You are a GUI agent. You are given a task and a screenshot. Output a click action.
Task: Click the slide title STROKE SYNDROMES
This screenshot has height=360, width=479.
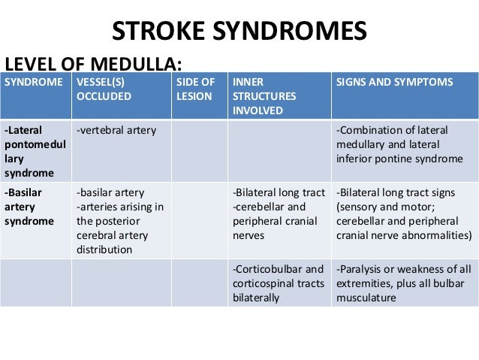click(x=239, y=32)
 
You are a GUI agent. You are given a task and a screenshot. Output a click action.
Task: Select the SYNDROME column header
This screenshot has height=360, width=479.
click(x=35, y=82)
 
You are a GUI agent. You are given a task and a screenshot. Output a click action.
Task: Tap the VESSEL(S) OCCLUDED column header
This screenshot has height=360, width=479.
click(x=104, y=89)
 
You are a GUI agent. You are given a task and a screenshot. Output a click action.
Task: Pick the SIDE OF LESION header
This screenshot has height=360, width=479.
click(x=195, y=89)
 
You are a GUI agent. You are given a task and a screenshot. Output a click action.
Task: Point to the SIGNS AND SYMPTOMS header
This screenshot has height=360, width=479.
click(x=394, y=82)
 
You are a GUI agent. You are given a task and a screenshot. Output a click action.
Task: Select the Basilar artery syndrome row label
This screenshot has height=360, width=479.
click(x=29, y=206)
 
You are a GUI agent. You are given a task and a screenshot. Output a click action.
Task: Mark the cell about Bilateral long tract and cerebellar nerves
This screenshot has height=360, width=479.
click(x=278, y=213)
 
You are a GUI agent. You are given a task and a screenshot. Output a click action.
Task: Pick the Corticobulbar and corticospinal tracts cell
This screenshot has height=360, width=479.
click(x=278, y=283)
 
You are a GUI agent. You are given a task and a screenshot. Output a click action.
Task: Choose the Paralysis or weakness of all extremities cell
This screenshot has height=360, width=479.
click(x=404, y=283)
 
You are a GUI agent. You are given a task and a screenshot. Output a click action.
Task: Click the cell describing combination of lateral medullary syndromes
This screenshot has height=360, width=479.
click(x=399, y=144)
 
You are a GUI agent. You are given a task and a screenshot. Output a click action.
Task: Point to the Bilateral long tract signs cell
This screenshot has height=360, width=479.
click(x=404, y=213)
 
